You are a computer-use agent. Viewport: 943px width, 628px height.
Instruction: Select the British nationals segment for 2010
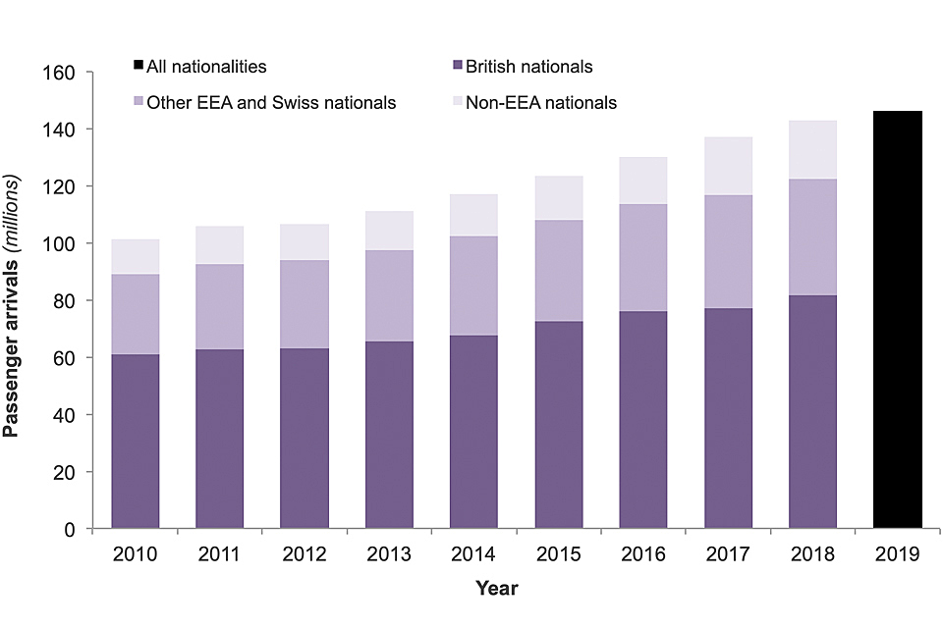[x=136, y=442]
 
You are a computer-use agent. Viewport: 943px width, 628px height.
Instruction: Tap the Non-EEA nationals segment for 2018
[x=812, y=150]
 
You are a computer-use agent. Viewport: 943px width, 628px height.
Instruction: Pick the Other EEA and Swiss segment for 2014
[x=474, y=286]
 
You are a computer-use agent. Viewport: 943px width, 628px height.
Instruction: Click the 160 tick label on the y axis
[x=63, y=73]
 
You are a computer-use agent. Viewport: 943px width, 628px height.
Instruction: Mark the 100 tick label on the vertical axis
[x=63, y=243]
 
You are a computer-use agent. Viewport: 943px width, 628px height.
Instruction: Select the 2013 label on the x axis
[x=389, y=554]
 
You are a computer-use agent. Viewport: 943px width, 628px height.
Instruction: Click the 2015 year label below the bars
[x=559, y=554]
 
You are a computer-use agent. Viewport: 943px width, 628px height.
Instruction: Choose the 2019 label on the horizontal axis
[x=897, y=554]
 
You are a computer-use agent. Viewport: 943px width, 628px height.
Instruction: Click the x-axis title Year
[x=496, y=589]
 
